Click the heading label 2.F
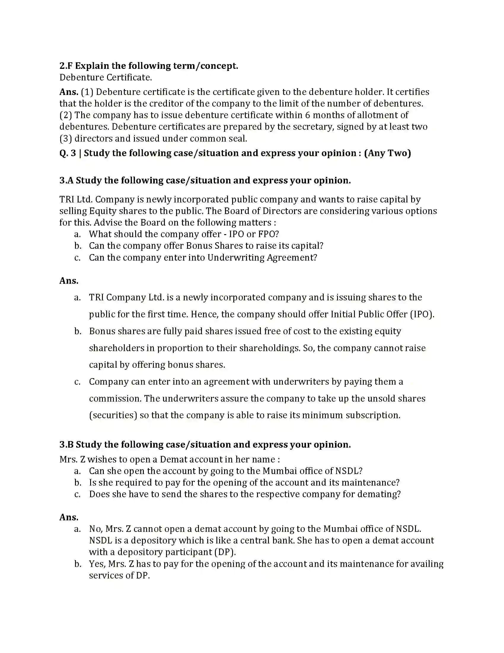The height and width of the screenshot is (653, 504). (x=66, y=66)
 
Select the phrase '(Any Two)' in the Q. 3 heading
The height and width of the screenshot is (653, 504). (x=387, y=153)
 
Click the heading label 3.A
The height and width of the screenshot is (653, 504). (x=66, y=180)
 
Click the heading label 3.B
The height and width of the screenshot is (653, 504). (x=66, y=445)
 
